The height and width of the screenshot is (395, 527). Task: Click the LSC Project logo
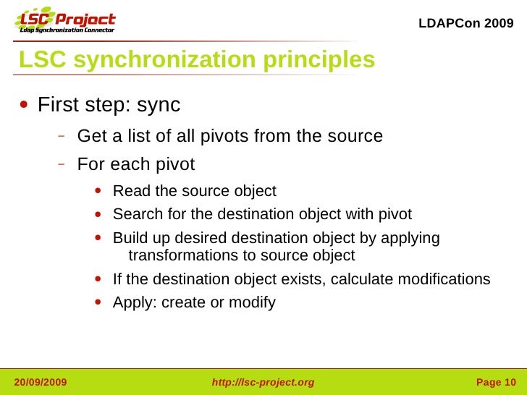click(65, 22)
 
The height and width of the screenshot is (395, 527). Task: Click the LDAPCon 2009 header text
click(466, 23)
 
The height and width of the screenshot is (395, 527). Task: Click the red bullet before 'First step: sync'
click(25, 105)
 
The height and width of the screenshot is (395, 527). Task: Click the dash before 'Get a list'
click(62, 135)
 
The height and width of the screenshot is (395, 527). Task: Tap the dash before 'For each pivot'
click(62, 163)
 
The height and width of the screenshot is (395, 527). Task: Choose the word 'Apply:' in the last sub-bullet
click(135, 302)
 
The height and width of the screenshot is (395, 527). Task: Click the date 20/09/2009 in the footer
click(41, 382)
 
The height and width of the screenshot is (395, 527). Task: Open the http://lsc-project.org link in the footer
click(263, 382)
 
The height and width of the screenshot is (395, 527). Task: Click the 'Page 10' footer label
click(496, 382)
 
